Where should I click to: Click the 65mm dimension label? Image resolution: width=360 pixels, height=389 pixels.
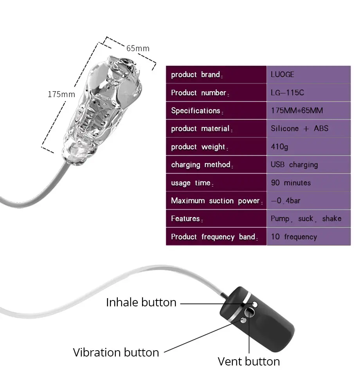pyautogui.click(x=138, y=48)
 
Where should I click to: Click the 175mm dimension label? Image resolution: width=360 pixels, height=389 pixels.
pyautogui.click(x=61, y=94)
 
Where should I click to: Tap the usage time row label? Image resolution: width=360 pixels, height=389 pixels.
pyautogui.click(x=192, y=183)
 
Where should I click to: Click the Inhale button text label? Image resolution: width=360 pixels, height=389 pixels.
pyautogui.click(x=141, y=302)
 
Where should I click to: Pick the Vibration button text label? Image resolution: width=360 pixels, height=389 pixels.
pyautogui.click(x=116, y=352)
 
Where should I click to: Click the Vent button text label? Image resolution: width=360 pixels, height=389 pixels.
pyautogui.click(x=248, y=361)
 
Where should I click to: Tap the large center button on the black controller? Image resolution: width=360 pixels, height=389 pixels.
pyautogui.click(x=249, y=312)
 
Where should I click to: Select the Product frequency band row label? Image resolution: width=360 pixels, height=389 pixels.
pyautogui.click(x=214, y=237)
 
